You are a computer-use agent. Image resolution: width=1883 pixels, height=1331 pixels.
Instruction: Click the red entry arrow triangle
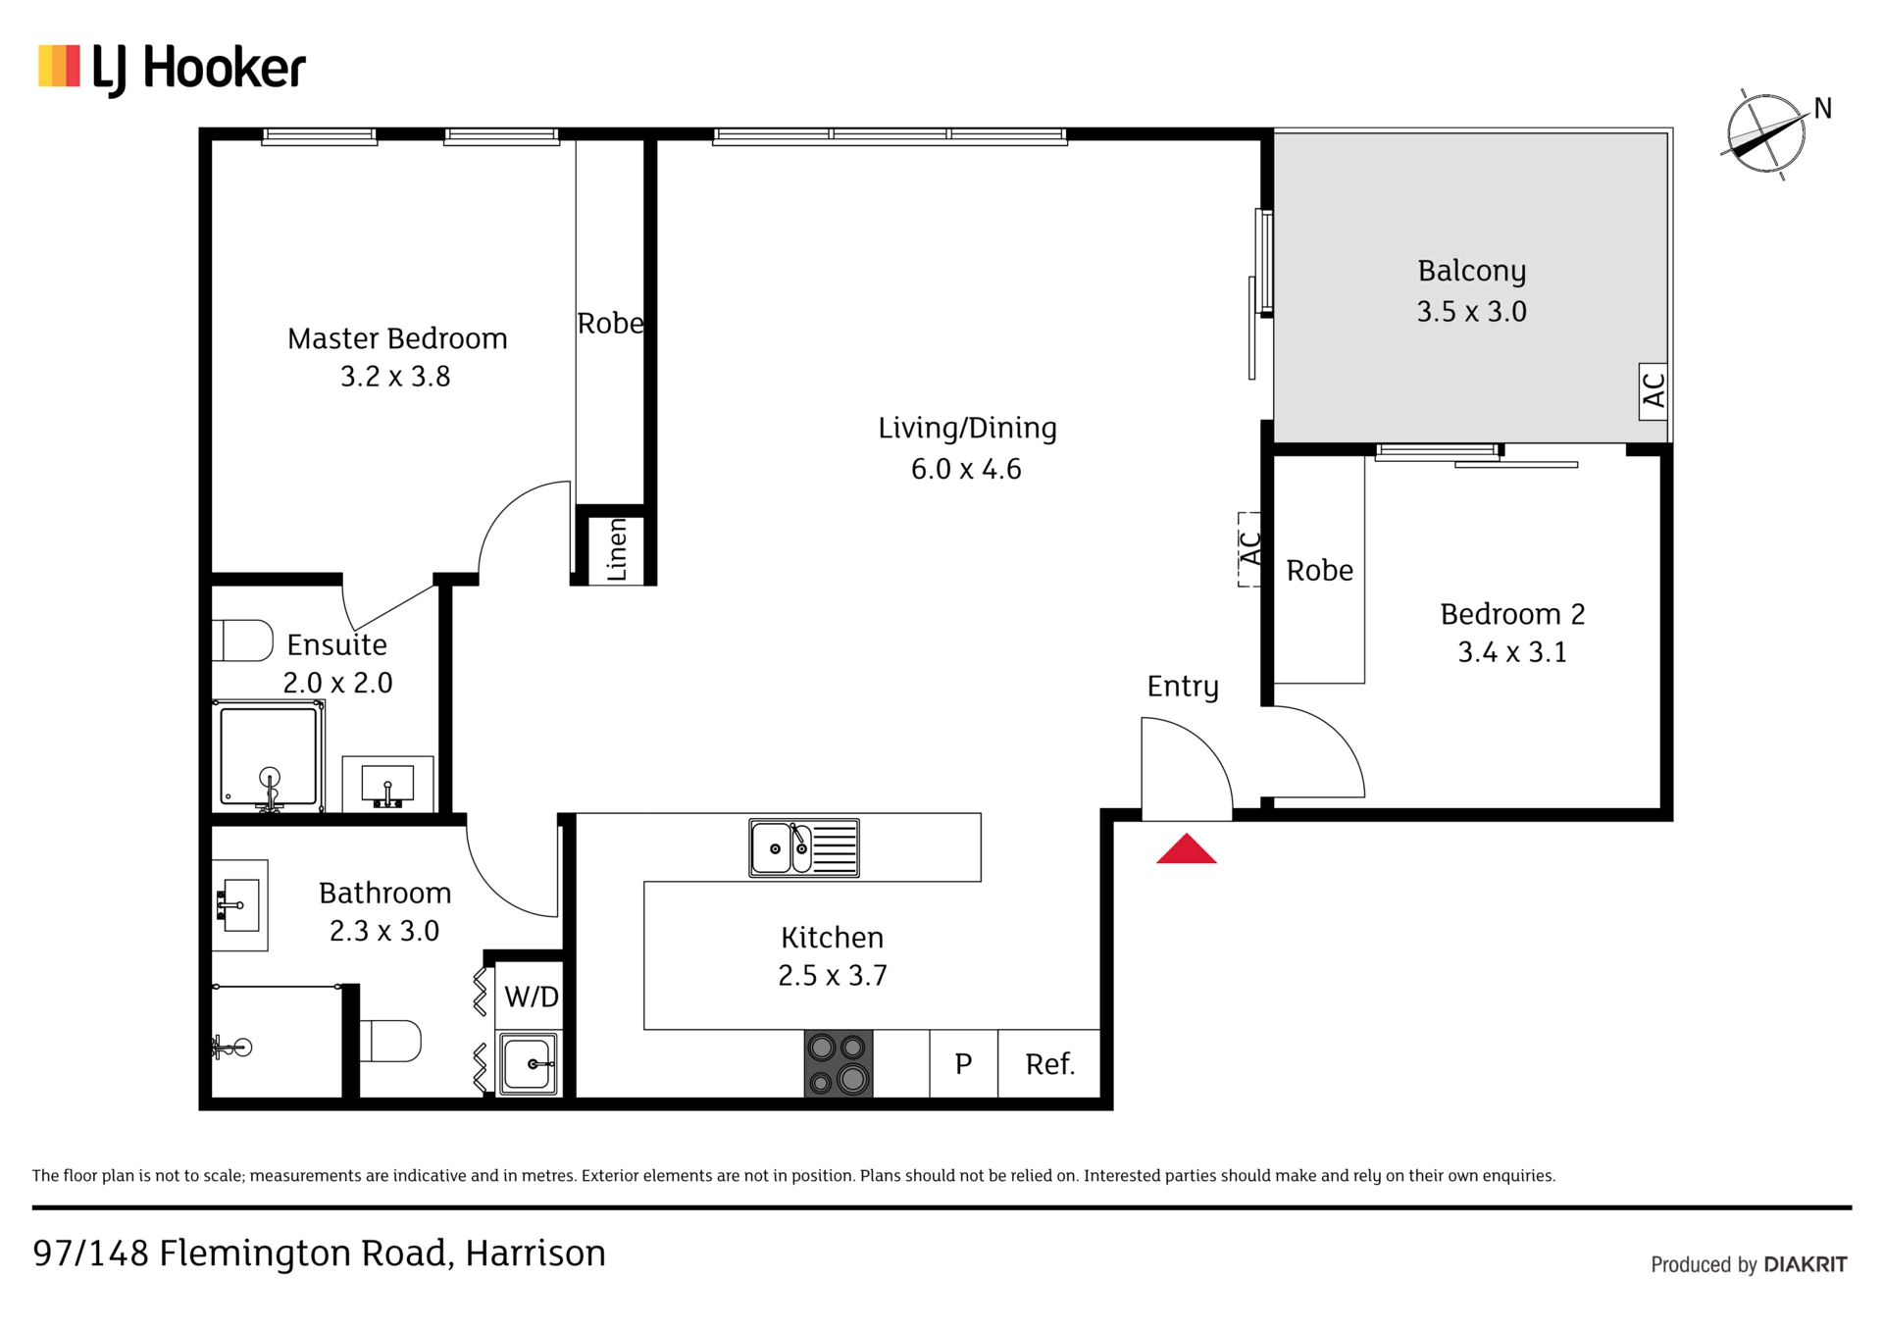tap(1186, 849)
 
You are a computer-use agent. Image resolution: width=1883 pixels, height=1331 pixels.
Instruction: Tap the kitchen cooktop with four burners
tap(839, 1063)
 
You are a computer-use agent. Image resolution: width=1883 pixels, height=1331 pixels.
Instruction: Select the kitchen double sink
tap(804, 847)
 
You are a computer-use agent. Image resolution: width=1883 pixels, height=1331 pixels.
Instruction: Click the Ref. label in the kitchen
tap(1049, 1064)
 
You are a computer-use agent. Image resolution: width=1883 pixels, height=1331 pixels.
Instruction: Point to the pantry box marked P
tap(963, 1063)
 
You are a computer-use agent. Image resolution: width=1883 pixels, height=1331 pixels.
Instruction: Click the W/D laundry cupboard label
tap(531, 997)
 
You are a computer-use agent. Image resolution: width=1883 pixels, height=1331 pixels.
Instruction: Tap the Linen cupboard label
tap(616, 549)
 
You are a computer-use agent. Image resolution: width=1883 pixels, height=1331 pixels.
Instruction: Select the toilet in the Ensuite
tap(242, 640)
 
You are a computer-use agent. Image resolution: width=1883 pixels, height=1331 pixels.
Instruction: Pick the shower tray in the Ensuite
tap(269, 756)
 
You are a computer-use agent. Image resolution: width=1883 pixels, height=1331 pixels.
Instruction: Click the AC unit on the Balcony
tap(1653, 391)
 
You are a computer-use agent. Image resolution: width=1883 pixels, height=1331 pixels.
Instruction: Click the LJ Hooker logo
tap(172, 69)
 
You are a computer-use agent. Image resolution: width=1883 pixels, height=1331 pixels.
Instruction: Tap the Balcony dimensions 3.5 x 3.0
tap(1471, 312)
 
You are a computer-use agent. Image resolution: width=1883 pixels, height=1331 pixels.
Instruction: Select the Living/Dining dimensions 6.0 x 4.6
tap(966, 469)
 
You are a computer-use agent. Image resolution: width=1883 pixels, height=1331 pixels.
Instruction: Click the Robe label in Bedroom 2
tap(1319, 570)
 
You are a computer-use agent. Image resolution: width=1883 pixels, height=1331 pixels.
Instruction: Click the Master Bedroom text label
tap(397, 338)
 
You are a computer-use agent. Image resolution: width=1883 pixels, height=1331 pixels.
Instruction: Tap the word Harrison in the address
tap(535, 1254)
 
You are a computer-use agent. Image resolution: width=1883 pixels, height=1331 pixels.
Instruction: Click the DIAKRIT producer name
tap(1806, 1264)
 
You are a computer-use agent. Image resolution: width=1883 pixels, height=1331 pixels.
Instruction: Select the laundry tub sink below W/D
tap(529, 1064)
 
